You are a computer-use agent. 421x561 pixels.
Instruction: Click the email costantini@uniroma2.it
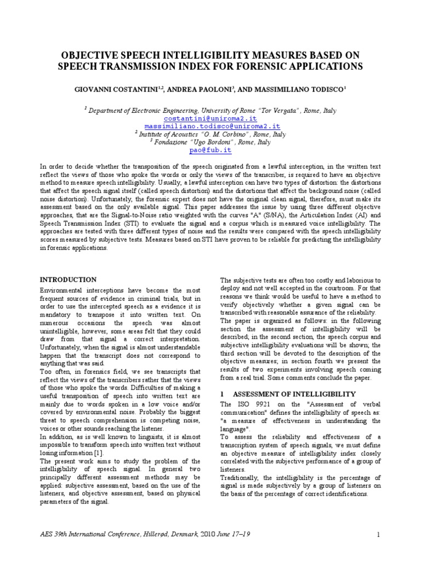(x=210, y=118)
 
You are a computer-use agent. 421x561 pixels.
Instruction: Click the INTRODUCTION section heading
(x=69, y=279)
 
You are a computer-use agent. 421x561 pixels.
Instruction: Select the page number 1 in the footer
(x=378, y=534)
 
